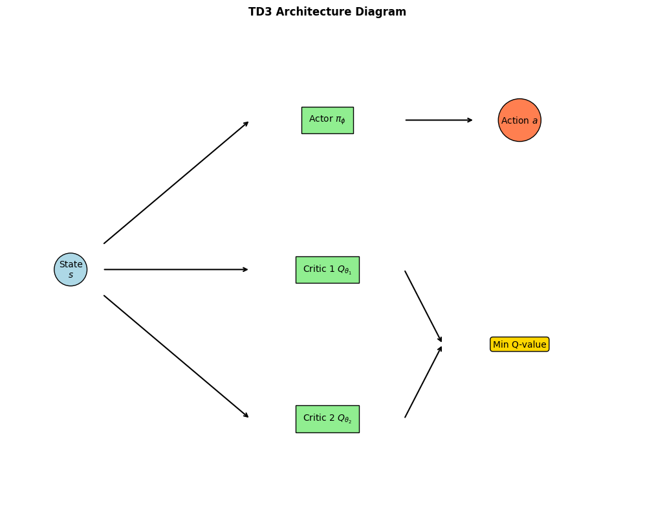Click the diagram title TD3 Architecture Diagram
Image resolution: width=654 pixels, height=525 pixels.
pyautogui.click(x=327, y=12)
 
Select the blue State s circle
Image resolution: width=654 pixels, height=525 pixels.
pyautogui.click(x=71, y=269)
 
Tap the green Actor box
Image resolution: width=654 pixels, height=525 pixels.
pyautogui.click(x=327, y=120)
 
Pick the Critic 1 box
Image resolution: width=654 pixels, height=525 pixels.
pyautogui.click(x=327, y=269)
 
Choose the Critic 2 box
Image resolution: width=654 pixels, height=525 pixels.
pyautogui.click(x=327, y=419)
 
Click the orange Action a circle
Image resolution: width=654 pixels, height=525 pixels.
pyautogui.click(x=519, y=120)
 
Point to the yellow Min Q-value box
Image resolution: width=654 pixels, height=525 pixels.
pyautogui.click(x=519, y=344)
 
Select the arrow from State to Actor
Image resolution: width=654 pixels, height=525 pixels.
pyautogui.click(x=176, y=183)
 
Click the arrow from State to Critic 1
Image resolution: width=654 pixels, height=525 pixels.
pyautogui.click(x=176, y=269)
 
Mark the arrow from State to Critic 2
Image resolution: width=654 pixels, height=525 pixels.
pyautogui.click(x=176, y=357)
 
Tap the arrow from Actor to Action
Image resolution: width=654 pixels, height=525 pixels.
pyautogui.click(x=439, y=120)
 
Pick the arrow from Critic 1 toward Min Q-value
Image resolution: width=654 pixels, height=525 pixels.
pyautogui.click(x=423, y=306)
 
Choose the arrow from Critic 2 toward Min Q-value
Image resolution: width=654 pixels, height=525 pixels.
pyautogui.click(x=423, y=382)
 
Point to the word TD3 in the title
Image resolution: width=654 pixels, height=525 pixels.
pyautogui.click(x=260, y=12)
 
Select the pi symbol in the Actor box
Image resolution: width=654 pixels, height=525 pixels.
pyautogui.click(x=340, y=120)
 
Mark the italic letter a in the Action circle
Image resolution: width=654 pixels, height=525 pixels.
pyautogui.click(x=535, y=121)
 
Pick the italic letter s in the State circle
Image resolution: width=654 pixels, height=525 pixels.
pyautogui.click(x=71, y=275)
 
